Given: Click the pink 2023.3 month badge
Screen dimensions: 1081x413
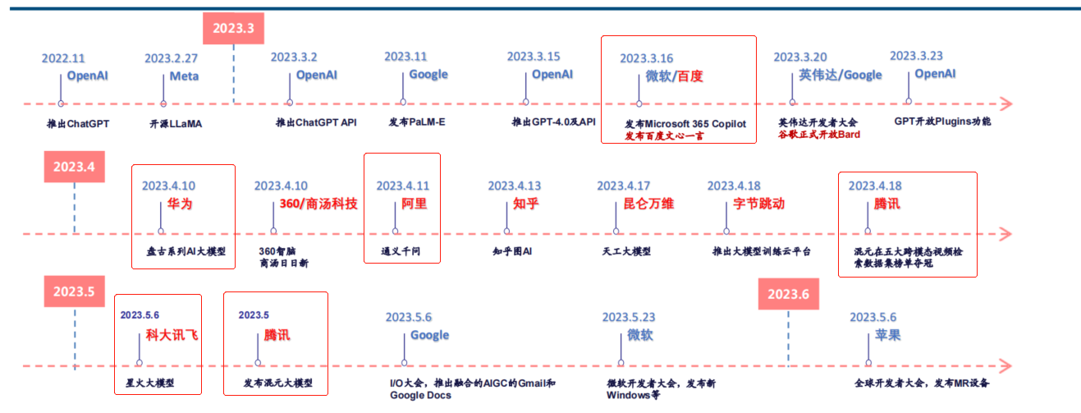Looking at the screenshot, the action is click(233, 28).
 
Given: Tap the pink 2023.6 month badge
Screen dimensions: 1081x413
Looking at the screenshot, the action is click(789, 294).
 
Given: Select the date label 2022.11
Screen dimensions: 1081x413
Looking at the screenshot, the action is click(63, 58).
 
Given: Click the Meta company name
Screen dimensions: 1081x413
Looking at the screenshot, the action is click(184, 76).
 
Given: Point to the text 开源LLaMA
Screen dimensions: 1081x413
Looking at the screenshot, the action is click(176, 124).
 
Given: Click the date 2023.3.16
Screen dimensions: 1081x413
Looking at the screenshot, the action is click(646, 58).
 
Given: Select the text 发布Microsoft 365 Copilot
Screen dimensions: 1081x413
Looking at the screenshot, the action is click(685, 124).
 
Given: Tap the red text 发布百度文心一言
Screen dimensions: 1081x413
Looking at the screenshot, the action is click(664, 136).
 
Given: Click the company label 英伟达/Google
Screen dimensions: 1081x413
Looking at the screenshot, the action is click(840, 75).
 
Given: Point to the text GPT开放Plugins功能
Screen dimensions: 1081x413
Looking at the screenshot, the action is click(942, 121).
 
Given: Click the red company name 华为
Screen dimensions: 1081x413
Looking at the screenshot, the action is click(180, 204).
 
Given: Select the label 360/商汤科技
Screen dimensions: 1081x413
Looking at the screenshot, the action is click(318, 204).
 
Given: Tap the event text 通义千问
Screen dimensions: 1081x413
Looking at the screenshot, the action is click(401, 251).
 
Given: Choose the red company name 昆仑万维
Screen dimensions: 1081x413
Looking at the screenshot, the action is click(648, 204).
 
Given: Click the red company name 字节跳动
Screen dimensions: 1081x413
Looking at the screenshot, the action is click(758, 204).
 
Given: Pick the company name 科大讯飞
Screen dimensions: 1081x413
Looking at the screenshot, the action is click(172, 335).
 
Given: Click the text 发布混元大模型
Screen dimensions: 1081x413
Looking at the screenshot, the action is click(277, 383).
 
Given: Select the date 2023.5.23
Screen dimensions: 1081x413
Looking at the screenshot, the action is click(629, 317).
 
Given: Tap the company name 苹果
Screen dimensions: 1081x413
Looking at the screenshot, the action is click(887, 335).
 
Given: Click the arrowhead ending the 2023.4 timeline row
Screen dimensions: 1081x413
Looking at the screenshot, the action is click(1005, 234).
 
